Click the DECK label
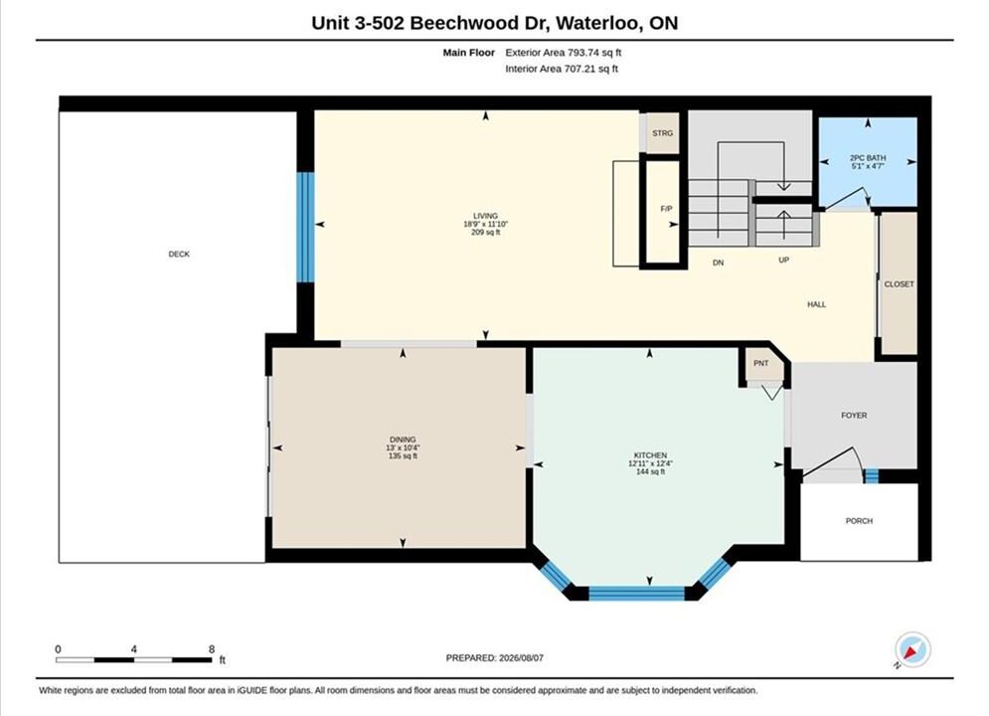[179, 255]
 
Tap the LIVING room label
[486, 216]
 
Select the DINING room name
[403, 440]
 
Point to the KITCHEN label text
[650, 455]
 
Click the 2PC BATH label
[868, 158]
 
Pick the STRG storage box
[662, 133]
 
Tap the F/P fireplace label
[666, 209]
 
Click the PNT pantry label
[761, 363]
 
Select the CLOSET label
[899, 284]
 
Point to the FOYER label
[854, 416]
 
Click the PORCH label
[859, 521]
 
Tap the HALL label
[817, 304]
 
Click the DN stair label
[719, 264]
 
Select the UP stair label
[784, 260]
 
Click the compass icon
[912, 649]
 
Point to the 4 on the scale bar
[134, 649]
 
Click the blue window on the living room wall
[305, 227]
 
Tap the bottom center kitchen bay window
[636, 593]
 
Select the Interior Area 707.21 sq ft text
[562, 69]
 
